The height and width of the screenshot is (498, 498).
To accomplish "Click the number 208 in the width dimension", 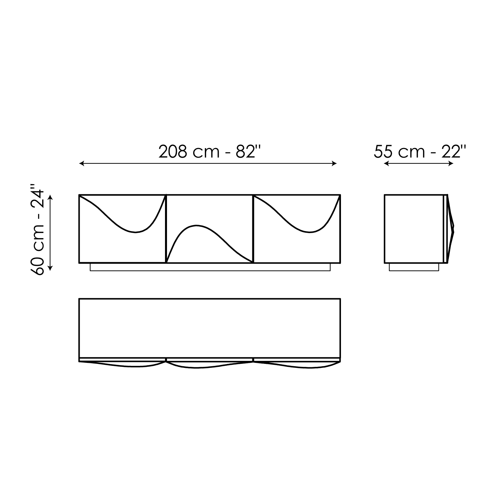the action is [x=172, y=152].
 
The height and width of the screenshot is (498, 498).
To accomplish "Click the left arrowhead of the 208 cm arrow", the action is [x=82, y=163].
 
